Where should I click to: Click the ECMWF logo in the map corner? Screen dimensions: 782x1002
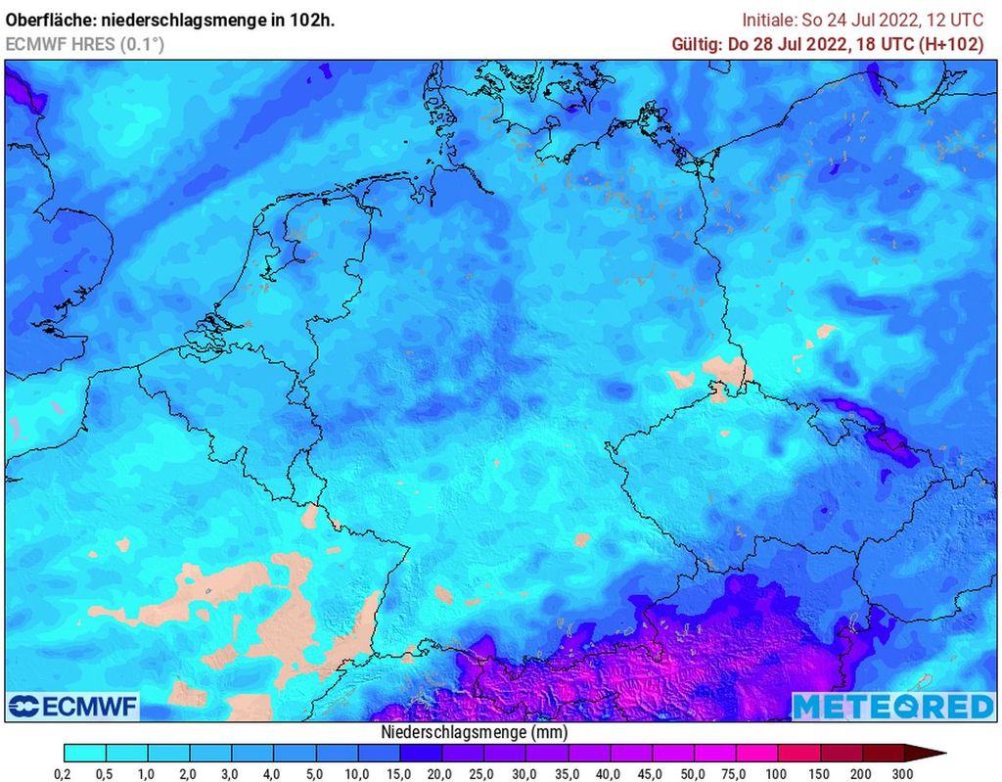(73, 706)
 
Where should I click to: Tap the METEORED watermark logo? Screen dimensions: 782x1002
(891, 706)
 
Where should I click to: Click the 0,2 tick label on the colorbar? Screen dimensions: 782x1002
(65, 775)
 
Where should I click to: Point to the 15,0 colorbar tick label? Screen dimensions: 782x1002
(400, 775)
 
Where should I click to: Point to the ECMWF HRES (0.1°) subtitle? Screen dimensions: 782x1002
(85, 44)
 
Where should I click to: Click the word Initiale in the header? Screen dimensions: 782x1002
(770, 20)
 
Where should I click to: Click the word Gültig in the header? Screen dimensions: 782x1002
(697, 44)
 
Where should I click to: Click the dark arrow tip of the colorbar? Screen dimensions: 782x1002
(934, 753)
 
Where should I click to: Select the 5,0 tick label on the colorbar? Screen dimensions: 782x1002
(316, 775)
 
